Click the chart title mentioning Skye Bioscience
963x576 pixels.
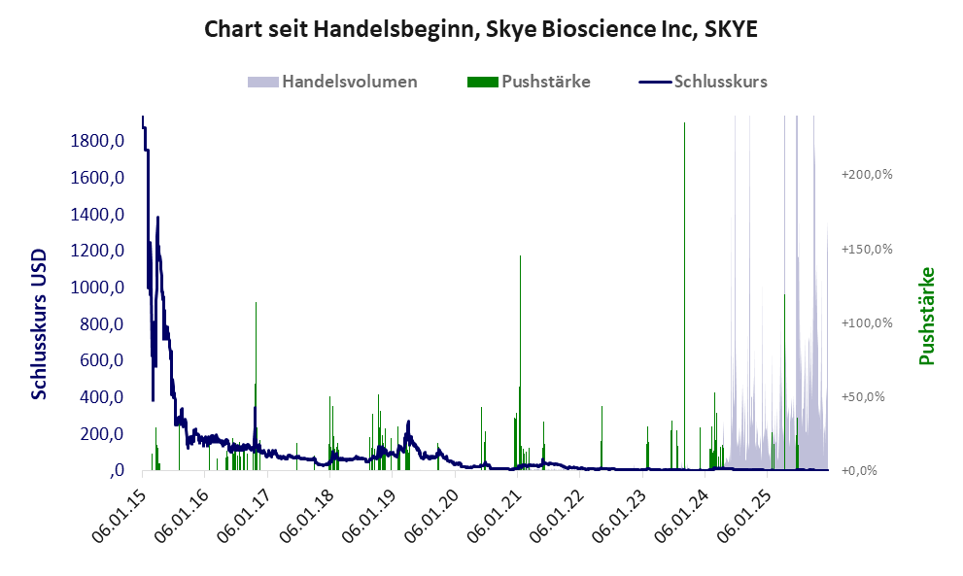480,29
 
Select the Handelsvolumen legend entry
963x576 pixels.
350,82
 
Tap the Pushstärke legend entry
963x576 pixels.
544,82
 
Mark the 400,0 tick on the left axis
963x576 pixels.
103,397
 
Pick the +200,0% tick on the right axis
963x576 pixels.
866,175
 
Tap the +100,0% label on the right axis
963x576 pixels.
866,322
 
